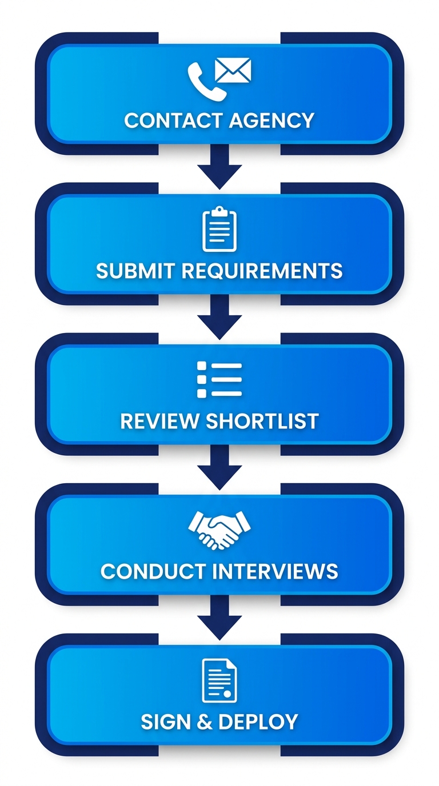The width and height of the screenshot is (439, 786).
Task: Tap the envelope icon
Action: [233, 71]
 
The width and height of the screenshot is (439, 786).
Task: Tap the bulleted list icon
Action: [219, 379]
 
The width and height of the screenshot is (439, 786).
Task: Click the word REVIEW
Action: [159, 421]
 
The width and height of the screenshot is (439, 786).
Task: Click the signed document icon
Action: [219, 680]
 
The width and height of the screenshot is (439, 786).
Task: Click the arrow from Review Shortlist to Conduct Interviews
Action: [219, 469]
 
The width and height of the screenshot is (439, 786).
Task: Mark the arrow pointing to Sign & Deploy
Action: [219, 619]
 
